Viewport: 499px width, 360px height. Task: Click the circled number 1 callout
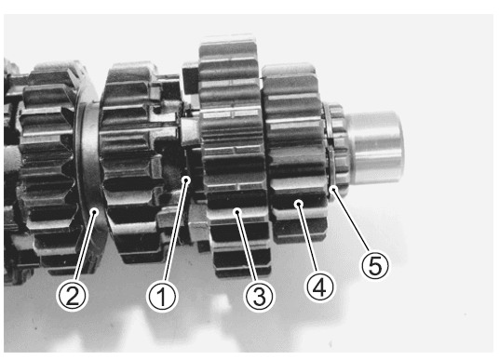click(162, 297)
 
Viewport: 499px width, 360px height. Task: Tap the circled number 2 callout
click(72, 296)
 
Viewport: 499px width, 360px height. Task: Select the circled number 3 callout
click(259, 296)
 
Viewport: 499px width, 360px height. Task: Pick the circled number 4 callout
click(320, 287)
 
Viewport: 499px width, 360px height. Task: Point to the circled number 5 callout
click(375, 265)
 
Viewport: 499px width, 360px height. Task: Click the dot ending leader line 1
click(187, 180)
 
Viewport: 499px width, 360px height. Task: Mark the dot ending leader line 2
click(94, 210)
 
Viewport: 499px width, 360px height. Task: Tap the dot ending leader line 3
click(237, 210)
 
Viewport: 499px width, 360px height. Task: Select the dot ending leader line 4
click(299, 203)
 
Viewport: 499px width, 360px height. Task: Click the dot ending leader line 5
click(333, 190)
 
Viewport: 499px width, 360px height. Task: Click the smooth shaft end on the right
click(375, 147)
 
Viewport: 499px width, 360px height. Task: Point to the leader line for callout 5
click(351, 220)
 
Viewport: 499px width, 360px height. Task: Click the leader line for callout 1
click(175, 231)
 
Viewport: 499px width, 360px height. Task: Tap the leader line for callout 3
click(247, 247)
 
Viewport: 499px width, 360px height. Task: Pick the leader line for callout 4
click(308, 238)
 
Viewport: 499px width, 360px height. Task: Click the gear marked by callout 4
click(295, 153)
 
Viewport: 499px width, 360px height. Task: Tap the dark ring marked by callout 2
click(89, 178)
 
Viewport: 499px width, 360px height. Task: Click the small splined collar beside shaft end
click(337, 150)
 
